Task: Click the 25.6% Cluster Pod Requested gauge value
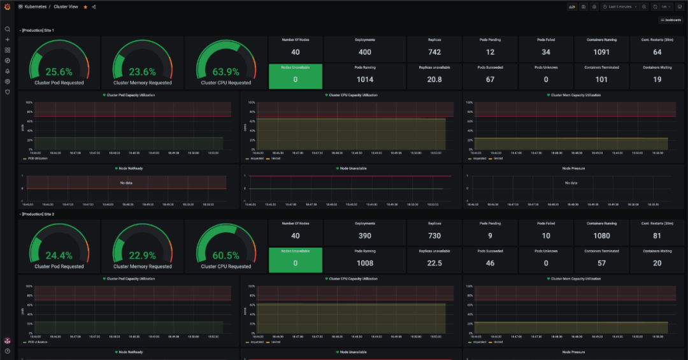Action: [x=59, y=72]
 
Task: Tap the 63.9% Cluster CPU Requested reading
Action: [x=226, y=72]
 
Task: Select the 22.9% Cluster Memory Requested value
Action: [x=142, y=256]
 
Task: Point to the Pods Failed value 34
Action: [x=546, y=52]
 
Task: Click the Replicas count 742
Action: [x=434, y=52]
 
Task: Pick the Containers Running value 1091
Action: [x=601, y=52]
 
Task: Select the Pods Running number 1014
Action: [x=365, y=80]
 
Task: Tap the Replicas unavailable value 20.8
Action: [x=434, y=80]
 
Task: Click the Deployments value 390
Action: [x=365, y=236]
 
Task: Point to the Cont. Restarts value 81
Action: [x=657, y=236]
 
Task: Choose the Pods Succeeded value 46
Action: [x=490, y=263]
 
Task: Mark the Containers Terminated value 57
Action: [x=601, y=263]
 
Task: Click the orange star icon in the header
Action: [x=85, y=7]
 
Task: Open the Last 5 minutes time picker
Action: [x=620, y=7]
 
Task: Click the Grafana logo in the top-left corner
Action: [x=8, y=7]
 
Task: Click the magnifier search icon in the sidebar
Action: [x=8, y=29]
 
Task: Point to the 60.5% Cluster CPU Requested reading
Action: [x=226, y=256]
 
